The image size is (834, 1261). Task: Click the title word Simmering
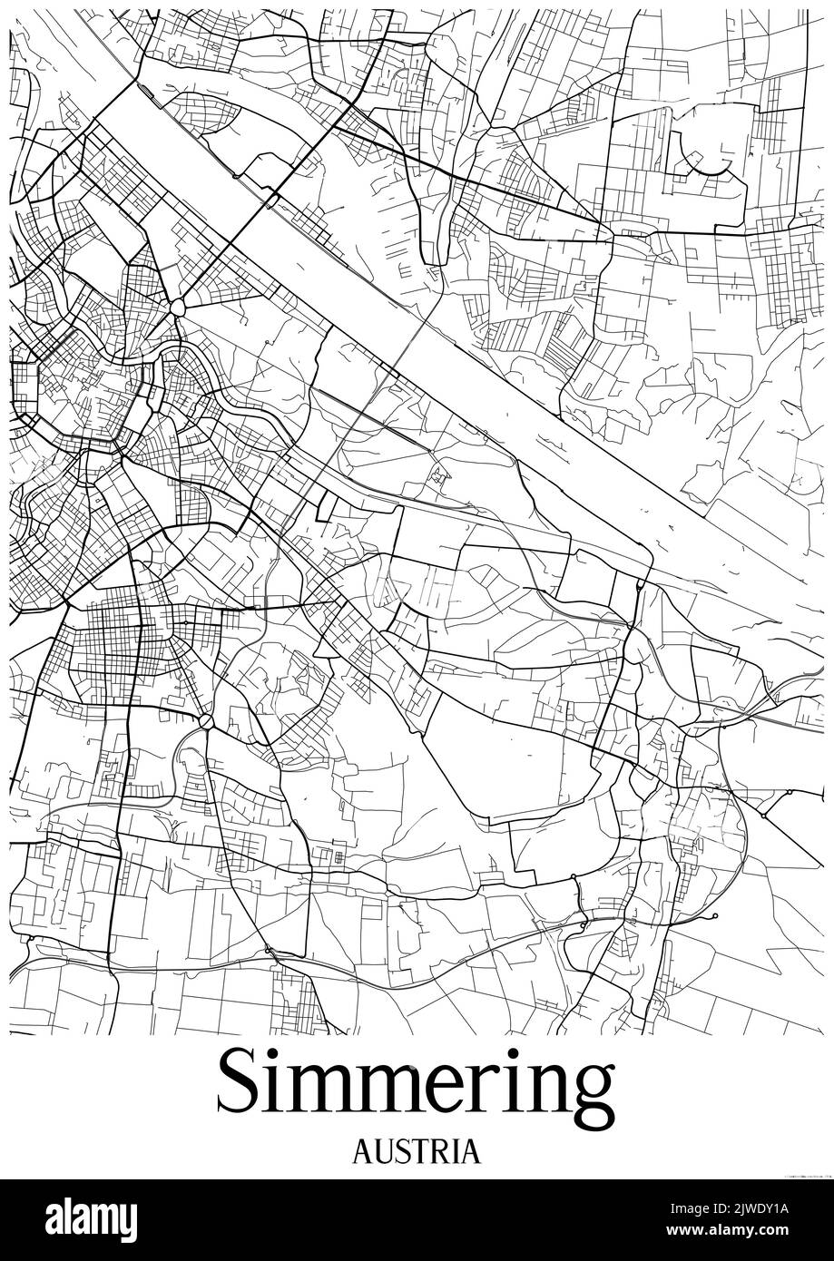416,1085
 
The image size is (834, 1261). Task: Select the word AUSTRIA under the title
416,1152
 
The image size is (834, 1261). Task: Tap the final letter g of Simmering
591,1092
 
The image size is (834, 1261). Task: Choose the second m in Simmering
397,1090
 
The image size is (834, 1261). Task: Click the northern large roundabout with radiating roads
176,307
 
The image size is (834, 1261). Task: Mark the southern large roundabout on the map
206,722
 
